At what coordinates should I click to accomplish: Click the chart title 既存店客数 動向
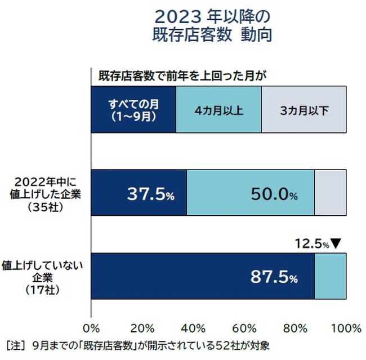(x=213, y=34)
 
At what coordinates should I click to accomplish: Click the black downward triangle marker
(x=336, y=243)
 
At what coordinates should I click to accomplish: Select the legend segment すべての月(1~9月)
(x=133, y=110)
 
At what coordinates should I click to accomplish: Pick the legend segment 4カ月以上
(x=218, y=110)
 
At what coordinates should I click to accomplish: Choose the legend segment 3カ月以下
(x=303, y=110)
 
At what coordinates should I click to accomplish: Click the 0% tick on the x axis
(x=91, y=328)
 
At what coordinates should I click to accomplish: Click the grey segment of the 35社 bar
(x=330, y=193)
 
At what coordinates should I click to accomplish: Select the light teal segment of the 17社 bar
(x=330, y=275)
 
